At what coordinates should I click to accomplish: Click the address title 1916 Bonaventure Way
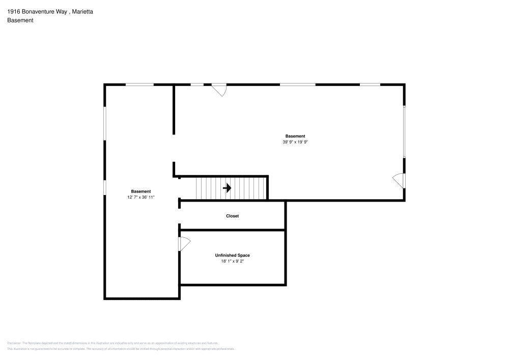(x=37, y=11)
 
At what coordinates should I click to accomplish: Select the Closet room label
(x=232, y=216)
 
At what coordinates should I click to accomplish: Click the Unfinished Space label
(x=232, y=255)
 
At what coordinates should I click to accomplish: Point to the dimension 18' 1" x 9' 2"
(x=232, y=261)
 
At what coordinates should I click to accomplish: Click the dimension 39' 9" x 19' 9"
(x=295, y=143)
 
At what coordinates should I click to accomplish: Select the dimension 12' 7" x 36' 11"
(x=141, y=197)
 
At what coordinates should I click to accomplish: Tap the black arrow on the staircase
(x=227, y=188)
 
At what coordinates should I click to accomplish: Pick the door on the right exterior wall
(x=399, y=180)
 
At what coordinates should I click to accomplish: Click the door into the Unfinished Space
(x=183, y=244)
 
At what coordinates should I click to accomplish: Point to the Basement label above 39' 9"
(x=295, y=136)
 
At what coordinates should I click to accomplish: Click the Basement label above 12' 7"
(x=141, y=191)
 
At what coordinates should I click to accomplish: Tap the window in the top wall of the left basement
(x=139, y=85)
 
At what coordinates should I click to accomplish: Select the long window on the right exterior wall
(x=404, y=132)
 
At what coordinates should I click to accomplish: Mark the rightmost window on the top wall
(x=370, y=85)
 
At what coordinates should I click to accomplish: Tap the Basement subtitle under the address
(x=20, y=20)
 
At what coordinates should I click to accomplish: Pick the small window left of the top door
(x=197, y=85)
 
